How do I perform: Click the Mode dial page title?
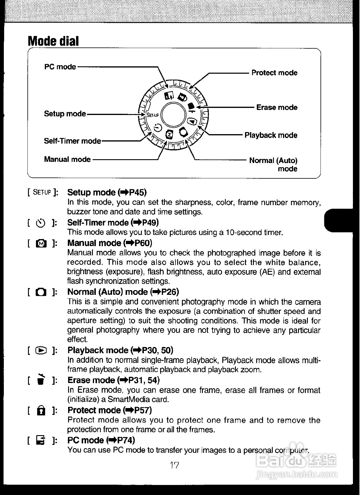tap(53, 41)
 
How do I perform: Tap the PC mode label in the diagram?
tap(60, 67)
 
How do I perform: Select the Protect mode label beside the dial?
tap(274, 73)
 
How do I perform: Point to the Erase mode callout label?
tap(277, 107)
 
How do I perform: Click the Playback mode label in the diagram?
tap(271, 135)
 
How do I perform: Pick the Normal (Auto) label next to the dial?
tap(273, 161)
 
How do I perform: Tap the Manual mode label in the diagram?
tap(67, 159)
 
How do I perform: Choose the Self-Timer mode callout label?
tap(72, 141)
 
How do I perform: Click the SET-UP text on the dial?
tap(152, 115)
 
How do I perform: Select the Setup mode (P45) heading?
tap(107, 193)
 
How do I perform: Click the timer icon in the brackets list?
tap(41, 223)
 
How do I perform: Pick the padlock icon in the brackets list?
tap(41, 410)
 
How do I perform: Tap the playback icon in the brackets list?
tap(41, 350)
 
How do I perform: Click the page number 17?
tap(174, 465)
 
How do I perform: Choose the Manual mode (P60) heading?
tap(110, 243)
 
